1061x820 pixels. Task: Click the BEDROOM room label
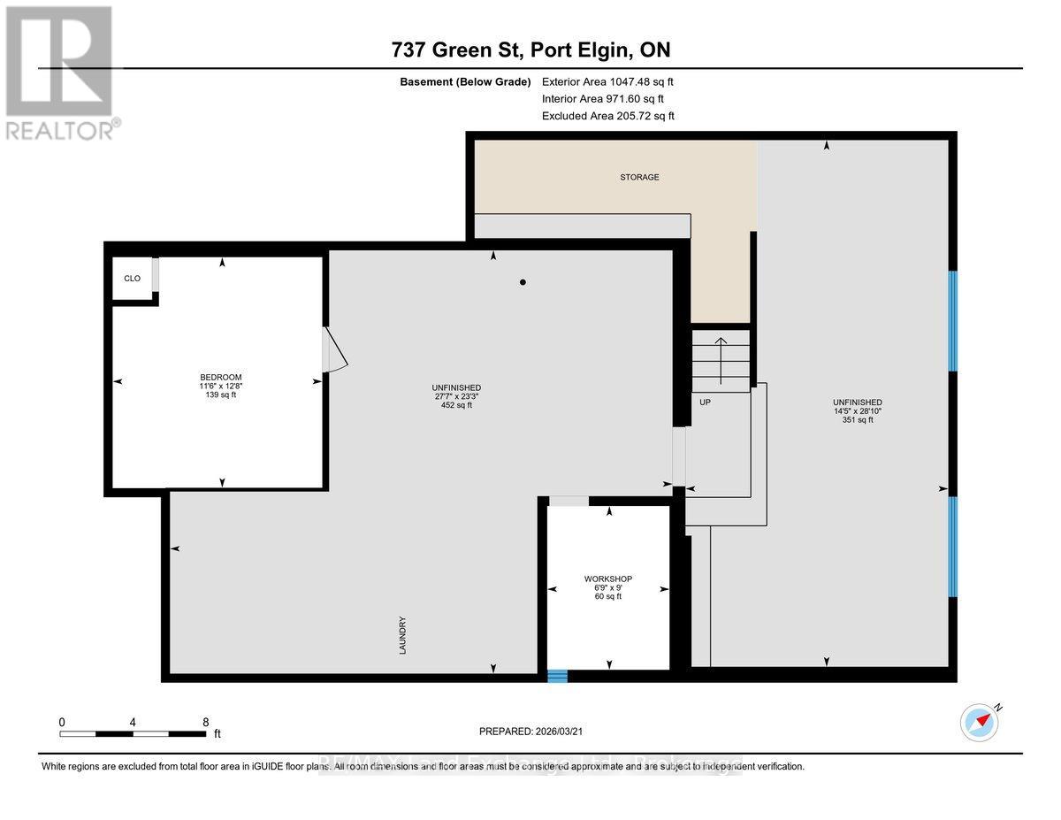[x=220, y=377]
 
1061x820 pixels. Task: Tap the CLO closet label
[x=132, y=278]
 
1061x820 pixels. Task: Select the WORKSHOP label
[x=608, y=579]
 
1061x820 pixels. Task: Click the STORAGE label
[x=639, y=177]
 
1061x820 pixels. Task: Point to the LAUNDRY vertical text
[x=402, y=634]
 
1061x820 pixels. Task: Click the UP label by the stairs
[x=706, y=402]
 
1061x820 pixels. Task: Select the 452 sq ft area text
[x=457, y=406]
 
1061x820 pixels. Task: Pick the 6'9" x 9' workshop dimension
[x=608, y=587]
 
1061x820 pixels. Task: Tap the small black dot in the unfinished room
[x=523, y=283]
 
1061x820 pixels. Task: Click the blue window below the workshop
[x=556, y=676]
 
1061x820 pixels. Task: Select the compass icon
[x=980, y=722]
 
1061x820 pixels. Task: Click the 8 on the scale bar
[x=205, y=722]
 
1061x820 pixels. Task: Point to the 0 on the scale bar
[x=62, y=722]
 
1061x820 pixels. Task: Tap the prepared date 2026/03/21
[x=530, y=732]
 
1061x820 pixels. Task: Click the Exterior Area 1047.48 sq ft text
[x=614, y=82]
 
